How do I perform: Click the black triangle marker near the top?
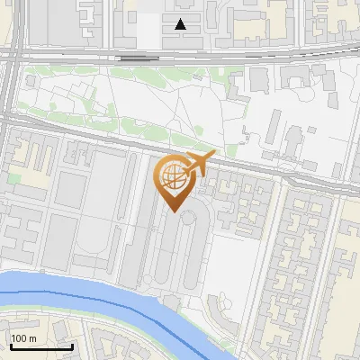click(x=181, y=24)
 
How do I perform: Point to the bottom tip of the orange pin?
click(x=174, y=213)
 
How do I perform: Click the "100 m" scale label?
click(x=24, y=338)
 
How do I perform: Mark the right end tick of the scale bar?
click(x=72, y=345)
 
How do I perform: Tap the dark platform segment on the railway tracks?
click(x=135, y=57)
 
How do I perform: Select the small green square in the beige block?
click(x=14, y=178)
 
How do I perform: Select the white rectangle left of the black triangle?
click(x=149, y=31)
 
